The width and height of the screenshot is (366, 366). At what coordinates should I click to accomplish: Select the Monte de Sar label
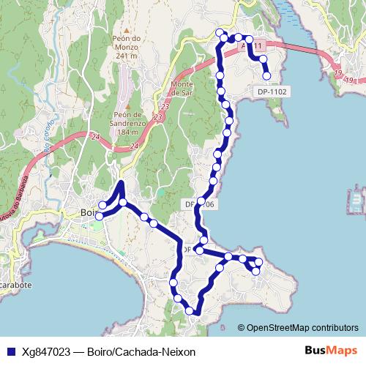(182, 89)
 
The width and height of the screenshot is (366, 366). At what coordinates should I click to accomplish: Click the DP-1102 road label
(271, 92)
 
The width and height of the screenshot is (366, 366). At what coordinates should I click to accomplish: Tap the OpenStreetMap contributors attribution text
(302, 327)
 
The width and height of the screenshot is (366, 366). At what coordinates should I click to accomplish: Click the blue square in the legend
(11, 352)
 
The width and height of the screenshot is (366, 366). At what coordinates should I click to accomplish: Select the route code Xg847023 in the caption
(48, 352)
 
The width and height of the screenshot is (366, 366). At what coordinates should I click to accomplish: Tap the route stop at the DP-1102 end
(266, 75)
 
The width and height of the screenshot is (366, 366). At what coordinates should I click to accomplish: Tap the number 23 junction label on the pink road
(158, 116)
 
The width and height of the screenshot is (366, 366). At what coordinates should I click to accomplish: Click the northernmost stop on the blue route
(220, 31)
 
